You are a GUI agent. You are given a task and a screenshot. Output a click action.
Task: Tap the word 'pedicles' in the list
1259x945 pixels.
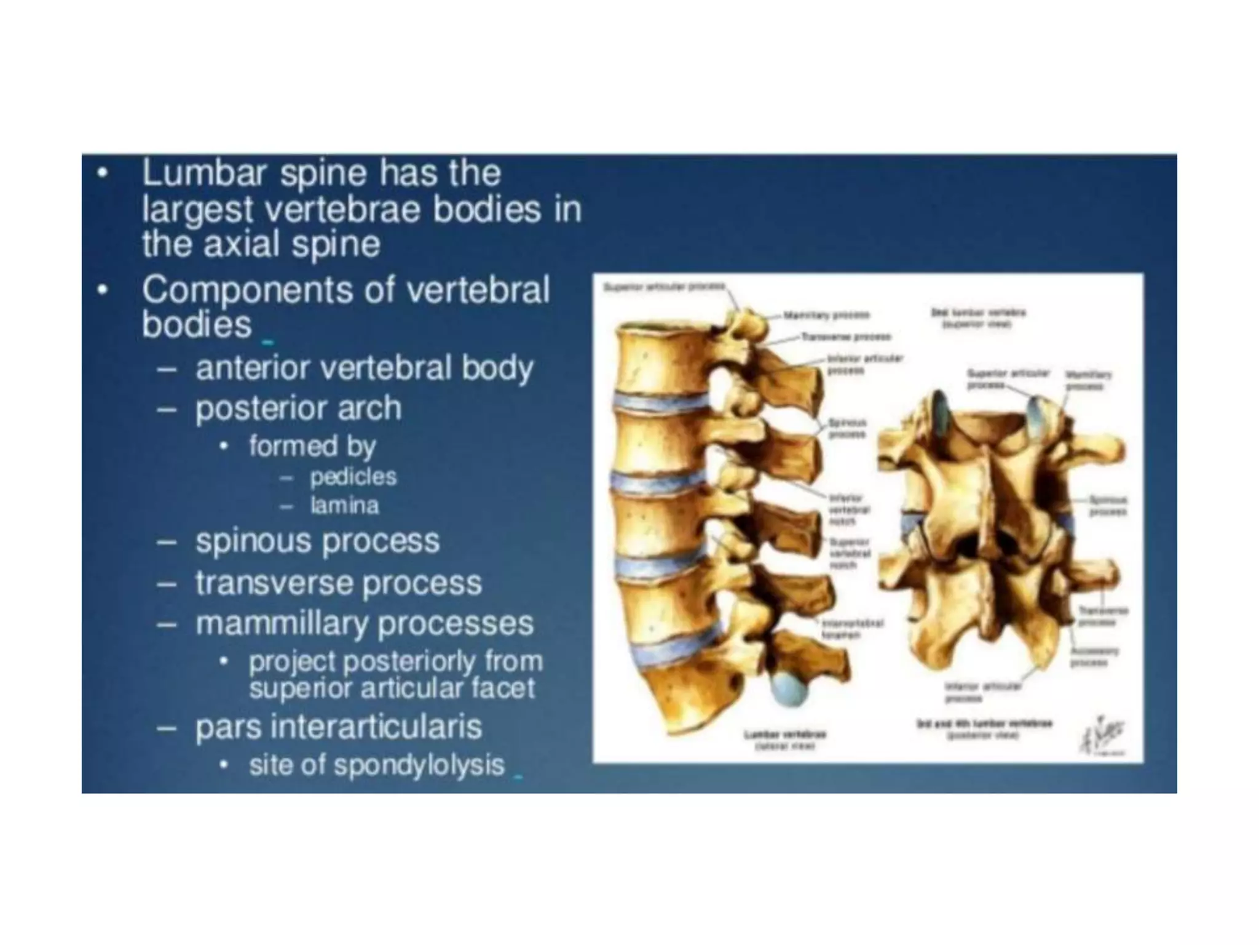click(353, 476)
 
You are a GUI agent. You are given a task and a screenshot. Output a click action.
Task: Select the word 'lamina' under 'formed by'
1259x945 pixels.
click(344, 506)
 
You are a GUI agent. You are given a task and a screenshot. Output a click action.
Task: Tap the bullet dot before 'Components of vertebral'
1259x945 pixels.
click(104, 289)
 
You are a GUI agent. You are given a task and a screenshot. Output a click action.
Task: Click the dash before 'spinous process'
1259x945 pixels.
click(167, 542)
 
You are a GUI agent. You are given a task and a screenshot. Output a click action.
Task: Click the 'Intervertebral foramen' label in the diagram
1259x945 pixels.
click(853, 629)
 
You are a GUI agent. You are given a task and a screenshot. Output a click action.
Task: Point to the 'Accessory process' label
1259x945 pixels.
click(1094, 656)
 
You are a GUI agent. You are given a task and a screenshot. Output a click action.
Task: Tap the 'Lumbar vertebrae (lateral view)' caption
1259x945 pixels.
click(785, 740)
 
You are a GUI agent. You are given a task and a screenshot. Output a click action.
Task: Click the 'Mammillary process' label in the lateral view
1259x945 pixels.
click(827, 315)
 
